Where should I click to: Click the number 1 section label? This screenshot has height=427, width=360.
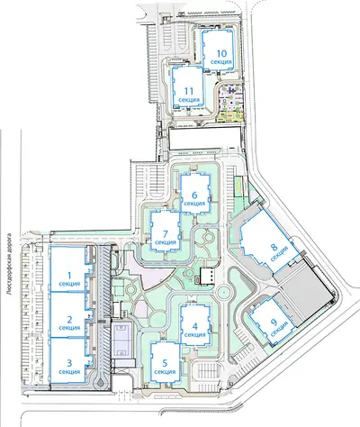tap(69, 276)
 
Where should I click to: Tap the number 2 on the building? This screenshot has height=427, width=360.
tap(69, 320)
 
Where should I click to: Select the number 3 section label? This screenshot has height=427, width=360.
tap(69, 363)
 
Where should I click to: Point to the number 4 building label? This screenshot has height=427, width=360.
tap(195, 326)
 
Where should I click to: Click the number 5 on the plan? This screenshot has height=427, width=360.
tap(165, 363)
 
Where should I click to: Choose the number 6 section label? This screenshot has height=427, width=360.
tap(194, 195)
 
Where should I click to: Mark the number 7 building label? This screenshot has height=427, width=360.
tap(166, 233)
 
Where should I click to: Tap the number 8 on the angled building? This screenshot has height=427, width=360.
tap(274, 248)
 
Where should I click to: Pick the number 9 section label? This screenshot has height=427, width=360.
tap(274, 323)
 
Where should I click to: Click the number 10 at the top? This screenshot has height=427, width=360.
tap(221, 53)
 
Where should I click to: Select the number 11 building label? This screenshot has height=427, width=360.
tap(189, 91)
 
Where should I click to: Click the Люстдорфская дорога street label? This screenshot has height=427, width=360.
tap(12, 264)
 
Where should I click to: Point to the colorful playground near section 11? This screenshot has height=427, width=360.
tap(230, 102)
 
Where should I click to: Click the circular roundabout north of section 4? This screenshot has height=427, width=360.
tap(223, 291)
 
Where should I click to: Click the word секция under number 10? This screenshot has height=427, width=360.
tap(221, 62)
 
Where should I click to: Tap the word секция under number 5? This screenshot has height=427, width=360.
tap(165, 372)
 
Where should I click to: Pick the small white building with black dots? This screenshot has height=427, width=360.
tap(207, 276)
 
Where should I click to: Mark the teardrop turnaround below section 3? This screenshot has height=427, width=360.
tap(99, 382)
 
